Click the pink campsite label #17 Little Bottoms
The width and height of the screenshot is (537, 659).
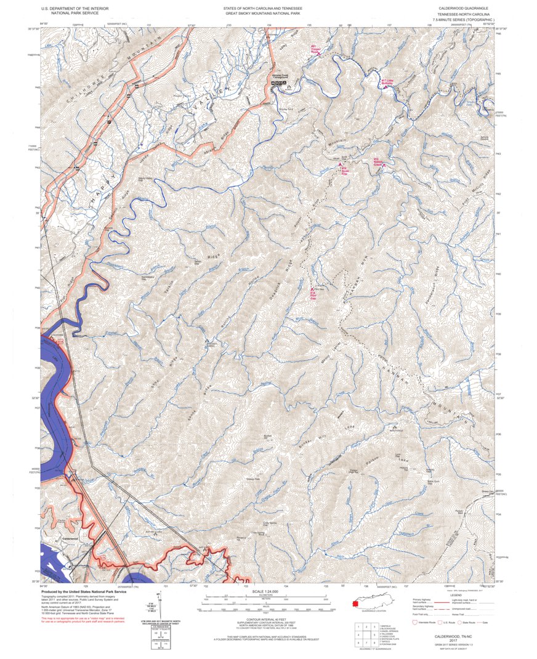[x=387, y=83]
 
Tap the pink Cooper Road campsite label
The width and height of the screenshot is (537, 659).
[x=315, y=51]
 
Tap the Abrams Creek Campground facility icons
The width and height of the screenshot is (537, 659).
[x=281, y=83]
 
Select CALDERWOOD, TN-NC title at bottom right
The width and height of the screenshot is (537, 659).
[x=454, y=636]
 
